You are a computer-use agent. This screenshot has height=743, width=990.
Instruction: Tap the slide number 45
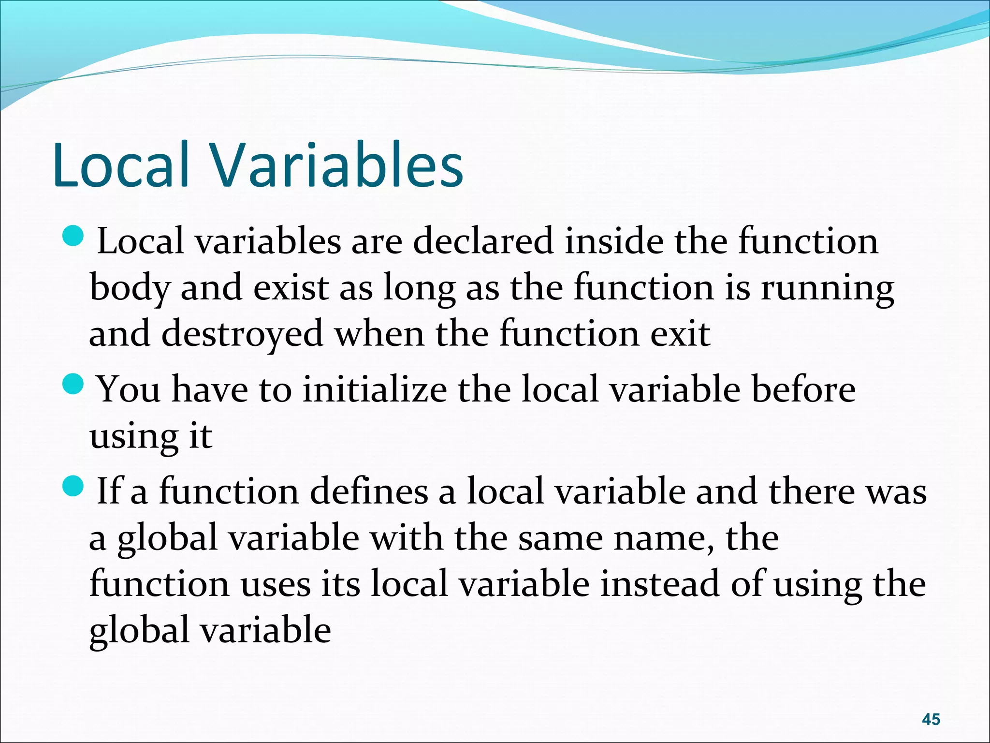pos(931,719)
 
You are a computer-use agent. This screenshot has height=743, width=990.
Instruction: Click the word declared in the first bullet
pos(483,241)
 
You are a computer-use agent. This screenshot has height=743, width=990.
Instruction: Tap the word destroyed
pos(242,334)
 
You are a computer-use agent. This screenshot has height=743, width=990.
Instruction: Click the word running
pos(827,289)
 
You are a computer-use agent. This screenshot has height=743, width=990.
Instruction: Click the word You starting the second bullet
pos(129,389)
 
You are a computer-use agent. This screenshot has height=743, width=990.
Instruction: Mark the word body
pos(130,289)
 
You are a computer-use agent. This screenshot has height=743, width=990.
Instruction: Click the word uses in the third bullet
pos(276,584)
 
